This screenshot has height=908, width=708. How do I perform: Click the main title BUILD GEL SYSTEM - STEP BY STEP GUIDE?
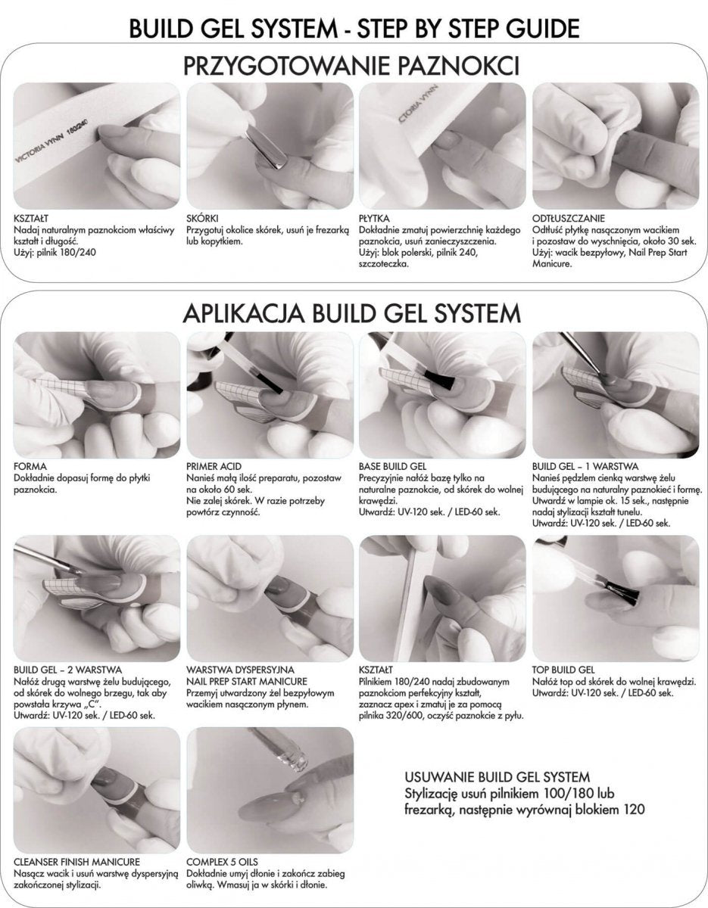click(x=354, y=29)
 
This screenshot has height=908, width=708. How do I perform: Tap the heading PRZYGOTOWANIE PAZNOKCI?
click(x=351, y=67)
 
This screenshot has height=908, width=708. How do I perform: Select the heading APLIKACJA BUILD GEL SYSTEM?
click(x=351, y=313)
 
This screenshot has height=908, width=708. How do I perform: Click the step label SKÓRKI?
click(x=202, y=218)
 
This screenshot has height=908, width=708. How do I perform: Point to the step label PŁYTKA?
click(x=374, y=218)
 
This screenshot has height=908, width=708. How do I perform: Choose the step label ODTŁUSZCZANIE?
click(x=569, y=218)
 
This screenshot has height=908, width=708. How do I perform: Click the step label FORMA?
click(x=30, y=466)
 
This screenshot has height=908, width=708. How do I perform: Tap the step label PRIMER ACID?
click(x=214, y=466)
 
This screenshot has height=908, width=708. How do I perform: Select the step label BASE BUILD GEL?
click(x=392, y=466)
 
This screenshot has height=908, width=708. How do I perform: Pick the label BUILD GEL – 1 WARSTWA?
click(x=585, y=466)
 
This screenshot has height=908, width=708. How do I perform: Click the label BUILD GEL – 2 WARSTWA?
click(x=67, y=670)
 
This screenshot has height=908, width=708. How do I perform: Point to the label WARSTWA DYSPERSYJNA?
click(x=240, y=670)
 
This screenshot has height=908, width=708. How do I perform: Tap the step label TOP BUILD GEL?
click(x=563, y=670)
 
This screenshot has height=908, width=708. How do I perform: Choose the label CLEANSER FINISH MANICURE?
click(x=77, y=862)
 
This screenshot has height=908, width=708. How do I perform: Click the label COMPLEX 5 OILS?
click(x=222, y=862)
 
